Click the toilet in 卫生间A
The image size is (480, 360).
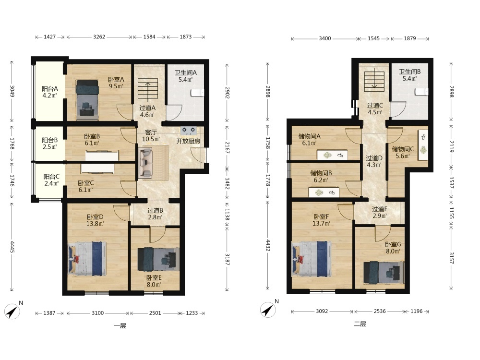pos(197,93)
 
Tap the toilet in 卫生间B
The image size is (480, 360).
pos(421,92)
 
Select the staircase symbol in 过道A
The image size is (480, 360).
pos(148,89)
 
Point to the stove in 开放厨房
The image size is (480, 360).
pos(188,131)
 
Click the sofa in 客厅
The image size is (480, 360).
pos(145,163)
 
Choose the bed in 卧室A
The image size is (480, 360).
pos(87,100)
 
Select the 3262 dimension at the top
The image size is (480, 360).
pos(99,37)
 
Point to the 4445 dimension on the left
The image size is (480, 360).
pos(12,247)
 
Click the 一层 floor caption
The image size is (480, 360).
pos(120,326)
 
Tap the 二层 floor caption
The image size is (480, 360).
pos(360,324)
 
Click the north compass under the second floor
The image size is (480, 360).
pos(268,310)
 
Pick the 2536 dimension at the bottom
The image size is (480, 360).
pos(380,311)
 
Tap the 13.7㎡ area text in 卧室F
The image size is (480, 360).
pos(321,224)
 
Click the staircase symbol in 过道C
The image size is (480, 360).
pos(374,81)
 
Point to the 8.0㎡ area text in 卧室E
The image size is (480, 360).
pos(154,285)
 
